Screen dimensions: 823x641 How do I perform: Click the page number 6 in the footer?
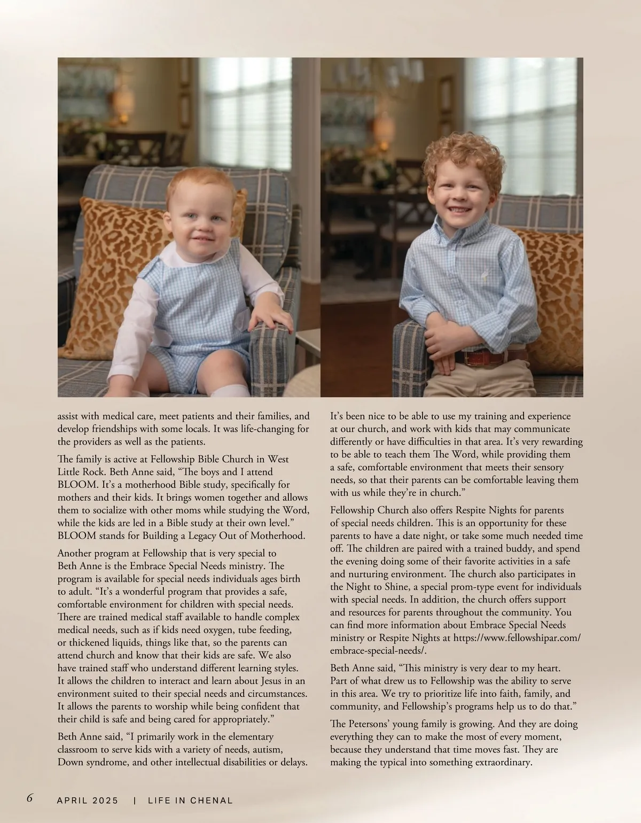click(30, 799)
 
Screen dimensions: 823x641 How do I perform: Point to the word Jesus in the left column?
click(276, 681)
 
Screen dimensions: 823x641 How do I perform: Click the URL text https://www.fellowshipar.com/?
click(517, 638)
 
